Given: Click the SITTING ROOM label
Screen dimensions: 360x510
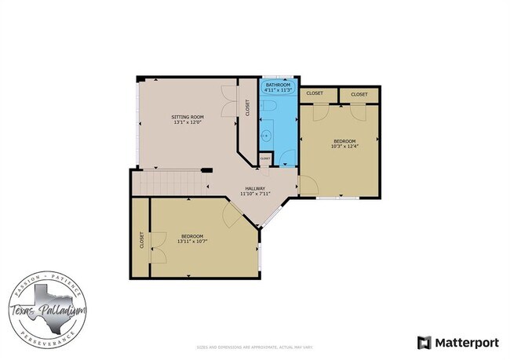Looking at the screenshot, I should [188, 117].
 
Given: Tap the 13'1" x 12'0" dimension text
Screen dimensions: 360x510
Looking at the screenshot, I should [188, 122].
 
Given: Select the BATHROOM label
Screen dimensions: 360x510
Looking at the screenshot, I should [278, 85].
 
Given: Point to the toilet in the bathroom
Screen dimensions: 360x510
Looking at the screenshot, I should [268, 107].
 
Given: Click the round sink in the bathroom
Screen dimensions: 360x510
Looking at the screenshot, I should [266, 136].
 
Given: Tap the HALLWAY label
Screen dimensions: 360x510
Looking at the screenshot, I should [255, 188].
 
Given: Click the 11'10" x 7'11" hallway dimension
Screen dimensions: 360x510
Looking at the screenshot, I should [255, 194].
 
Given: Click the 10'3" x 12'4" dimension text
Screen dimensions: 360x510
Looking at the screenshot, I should [344, 146].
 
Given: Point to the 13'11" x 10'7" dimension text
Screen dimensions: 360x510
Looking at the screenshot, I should [192, 242].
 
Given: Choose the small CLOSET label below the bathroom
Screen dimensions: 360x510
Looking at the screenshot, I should [265, 159].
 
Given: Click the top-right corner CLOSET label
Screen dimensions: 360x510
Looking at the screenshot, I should [359, 94].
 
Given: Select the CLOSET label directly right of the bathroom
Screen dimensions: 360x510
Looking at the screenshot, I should [314, 93].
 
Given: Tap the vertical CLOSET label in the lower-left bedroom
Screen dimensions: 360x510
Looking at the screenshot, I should [141, 239].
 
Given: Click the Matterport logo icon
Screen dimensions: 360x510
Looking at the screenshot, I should [424, 342].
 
